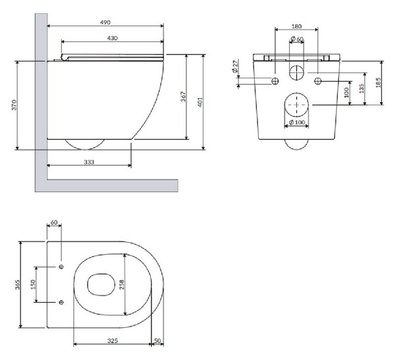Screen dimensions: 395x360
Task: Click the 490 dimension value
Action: pos(105,22)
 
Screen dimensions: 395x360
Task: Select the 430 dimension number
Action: pos(112,38)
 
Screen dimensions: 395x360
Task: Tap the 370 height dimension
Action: pos(14,105)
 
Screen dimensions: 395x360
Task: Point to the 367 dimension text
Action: pos(184,97)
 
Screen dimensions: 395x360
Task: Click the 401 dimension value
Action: pos(200,102)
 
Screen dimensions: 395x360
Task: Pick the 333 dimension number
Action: pos(89,162)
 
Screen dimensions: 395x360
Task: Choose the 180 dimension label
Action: pos(296,26)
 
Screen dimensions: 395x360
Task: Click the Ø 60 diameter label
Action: pos(297,39)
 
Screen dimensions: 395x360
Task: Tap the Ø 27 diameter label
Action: pos(235,66)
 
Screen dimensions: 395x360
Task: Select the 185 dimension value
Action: pos(378,83)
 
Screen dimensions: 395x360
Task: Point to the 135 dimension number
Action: pos(361,89)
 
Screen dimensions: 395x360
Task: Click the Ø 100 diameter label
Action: pos(297,122)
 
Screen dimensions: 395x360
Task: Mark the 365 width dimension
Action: pos(17,284)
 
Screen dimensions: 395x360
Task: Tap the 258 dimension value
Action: pos(121,284)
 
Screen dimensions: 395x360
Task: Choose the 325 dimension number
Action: pos(113,341)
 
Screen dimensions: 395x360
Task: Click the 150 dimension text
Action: pos(33,284)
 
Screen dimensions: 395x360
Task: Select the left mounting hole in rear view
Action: pos(275,81)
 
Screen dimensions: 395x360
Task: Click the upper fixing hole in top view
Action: pos(61,267)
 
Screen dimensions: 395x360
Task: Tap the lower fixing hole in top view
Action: pos(61,302)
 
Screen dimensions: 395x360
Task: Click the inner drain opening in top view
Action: pos(88,284)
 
